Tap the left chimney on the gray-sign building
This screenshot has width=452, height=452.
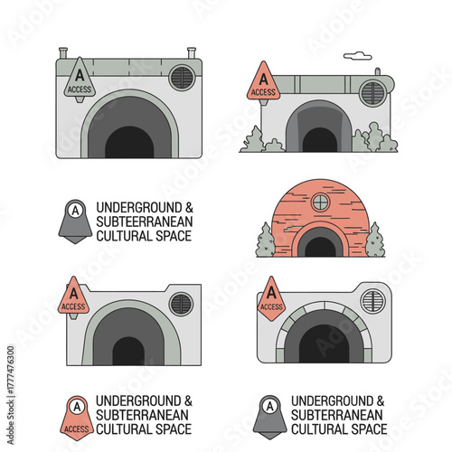point(63,53)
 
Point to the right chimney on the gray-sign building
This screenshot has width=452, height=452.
point(191,53)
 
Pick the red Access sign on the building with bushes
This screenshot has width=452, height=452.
point(263,81)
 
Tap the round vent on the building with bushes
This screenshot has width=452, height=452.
point(372,92)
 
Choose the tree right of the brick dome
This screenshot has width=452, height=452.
point(375,240)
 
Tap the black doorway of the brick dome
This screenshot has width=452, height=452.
point(320,247)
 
